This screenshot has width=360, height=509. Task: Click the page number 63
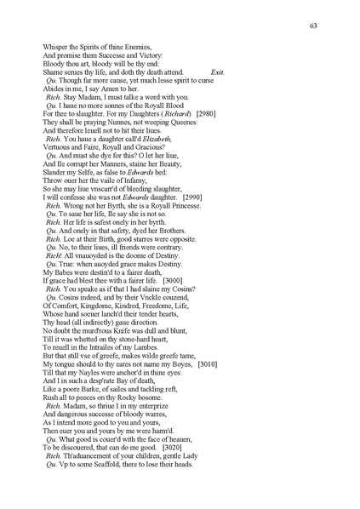click(313, 25)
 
